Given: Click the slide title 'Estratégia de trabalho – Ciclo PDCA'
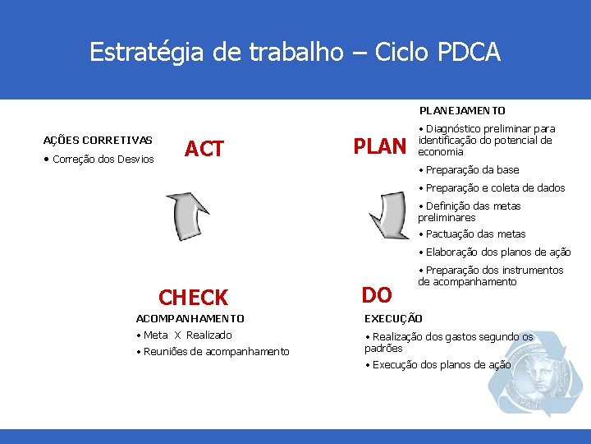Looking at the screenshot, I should [x=295, y=52].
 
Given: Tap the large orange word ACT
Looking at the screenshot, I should [x=204, y=149].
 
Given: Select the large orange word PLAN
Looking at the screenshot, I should [x=379, y=147].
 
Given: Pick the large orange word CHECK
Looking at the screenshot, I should [x=193, y=297].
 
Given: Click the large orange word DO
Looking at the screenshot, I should [x=377, y=294].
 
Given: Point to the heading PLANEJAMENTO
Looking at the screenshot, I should [x=462, y=110].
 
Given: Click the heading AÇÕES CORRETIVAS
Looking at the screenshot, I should [x=98, y=140].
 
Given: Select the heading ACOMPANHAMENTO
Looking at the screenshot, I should [x=190, y=318].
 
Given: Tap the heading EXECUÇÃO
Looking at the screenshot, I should [x=393, y=318].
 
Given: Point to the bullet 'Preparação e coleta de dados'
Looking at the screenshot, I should [x=494, y=188].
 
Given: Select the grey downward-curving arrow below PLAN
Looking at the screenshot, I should [x=391, y=216].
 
